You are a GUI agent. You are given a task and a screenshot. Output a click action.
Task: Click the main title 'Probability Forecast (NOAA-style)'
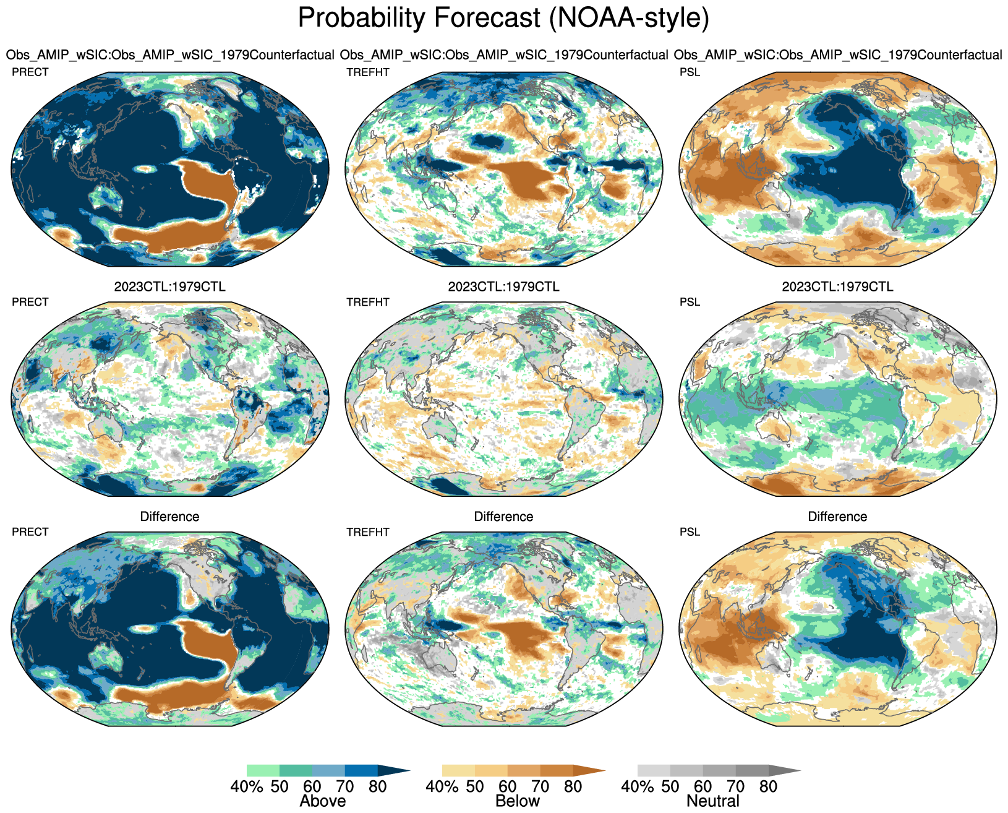[503, 19]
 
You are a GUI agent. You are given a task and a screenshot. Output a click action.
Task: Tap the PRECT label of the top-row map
[30, 72]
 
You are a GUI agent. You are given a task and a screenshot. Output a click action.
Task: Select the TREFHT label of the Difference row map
[368, 532]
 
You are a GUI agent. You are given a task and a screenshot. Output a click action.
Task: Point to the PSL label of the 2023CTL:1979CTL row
[690, 302]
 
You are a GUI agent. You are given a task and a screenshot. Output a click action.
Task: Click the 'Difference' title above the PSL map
[837, 517]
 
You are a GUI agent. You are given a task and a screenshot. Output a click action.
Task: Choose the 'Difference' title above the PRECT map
[169, 517]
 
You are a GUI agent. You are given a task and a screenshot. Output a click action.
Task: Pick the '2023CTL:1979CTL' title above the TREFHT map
[503, 287]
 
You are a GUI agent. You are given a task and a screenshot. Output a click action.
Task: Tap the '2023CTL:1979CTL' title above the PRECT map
[169, 287]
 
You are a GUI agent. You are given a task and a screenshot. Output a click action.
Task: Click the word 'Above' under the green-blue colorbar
[322, 801]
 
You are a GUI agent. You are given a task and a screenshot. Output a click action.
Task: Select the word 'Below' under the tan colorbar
[518, 801]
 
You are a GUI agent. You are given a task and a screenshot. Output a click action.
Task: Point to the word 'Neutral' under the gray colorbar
[713, 801]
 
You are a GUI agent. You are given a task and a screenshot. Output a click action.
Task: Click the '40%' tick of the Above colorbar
[247, 787]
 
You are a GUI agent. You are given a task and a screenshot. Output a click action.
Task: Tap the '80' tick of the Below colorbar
[573, 787]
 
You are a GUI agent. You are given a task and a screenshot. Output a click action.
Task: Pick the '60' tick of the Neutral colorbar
[703, 787]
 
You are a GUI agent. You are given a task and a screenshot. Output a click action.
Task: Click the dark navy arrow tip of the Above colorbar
[393, 771]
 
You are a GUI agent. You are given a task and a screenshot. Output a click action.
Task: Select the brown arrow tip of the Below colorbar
[588, 771]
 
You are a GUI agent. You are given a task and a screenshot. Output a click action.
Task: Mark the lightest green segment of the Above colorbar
[263, 771]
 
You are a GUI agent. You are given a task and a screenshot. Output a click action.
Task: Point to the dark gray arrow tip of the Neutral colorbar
[784, 771]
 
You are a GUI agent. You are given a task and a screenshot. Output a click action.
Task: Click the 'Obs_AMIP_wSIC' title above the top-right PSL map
[837, 55]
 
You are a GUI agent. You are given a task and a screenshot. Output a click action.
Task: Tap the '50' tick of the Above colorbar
[280, 787]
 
